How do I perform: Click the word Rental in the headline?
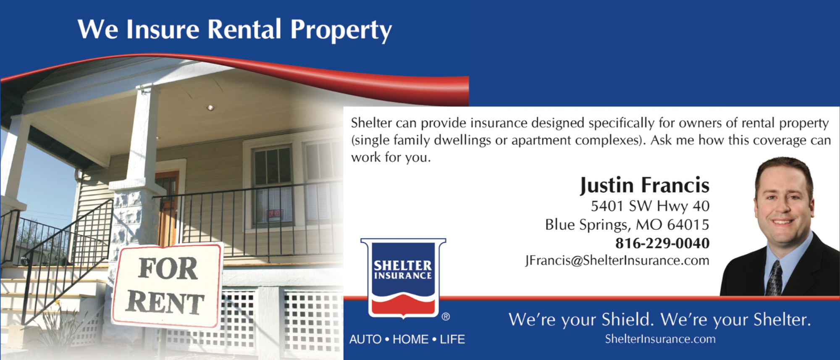(244, 29)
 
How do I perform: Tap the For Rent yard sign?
(167, 286)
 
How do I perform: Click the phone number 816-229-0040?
(662, 243)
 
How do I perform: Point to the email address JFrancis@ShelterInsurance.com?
(617, 261)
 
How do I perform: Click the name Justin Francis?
(645, 185)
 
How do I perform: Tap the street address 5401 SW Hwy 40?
(650, 206)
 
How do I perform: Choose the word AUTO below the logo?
(365, 339)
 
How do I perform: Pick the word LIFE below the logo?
(452, 339)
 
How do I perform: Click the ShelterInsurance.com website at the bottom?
(660, 339)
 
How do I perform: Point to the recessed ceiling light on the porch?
(210, 108)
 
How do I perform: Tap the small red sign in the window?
(275, 215)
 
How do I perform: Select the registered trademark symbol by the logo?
(446, 317)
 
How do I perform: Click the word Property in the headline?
(341, 30)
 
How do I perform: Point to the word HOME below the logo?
(411, 339)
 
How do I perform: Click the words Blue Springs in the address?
(588, 225)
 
